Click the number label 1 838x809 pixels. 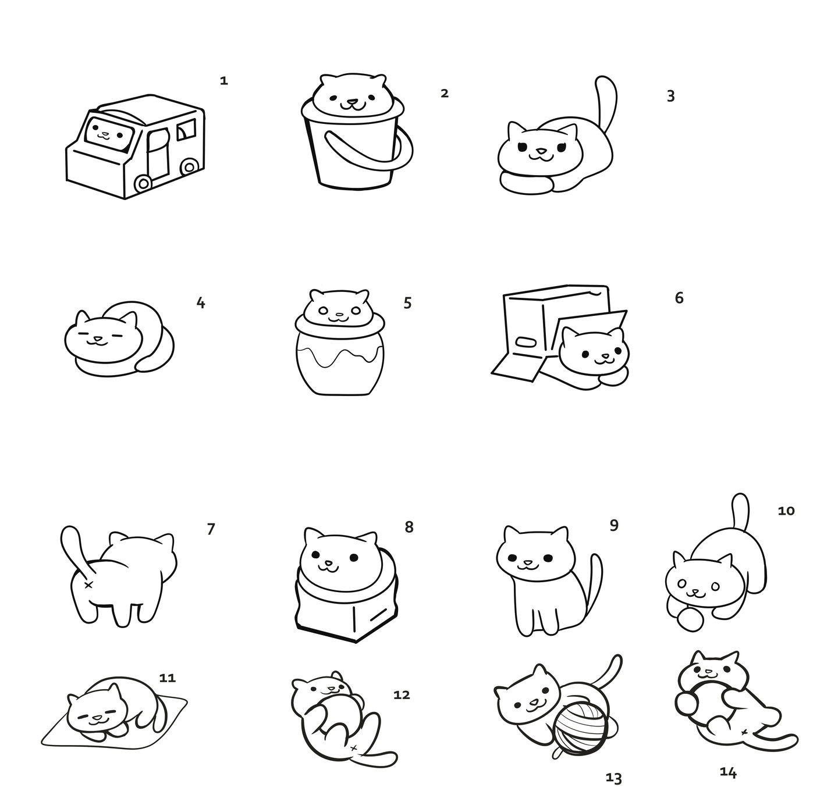pyautogui.click(x=223, y=81)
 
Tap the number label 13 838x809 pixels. pyautogui.click(x=613, y=778)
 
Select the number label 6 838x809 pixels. pyautogui.click(x=679, y=298)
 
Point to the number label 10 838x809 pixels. pyautogui.click(x=786, y=511)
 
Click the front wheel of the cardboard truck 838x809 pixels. pyautogui.click(x=142, y=184)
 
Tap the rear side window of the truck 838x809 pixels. pyautogui.click(x=186, y=129)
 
